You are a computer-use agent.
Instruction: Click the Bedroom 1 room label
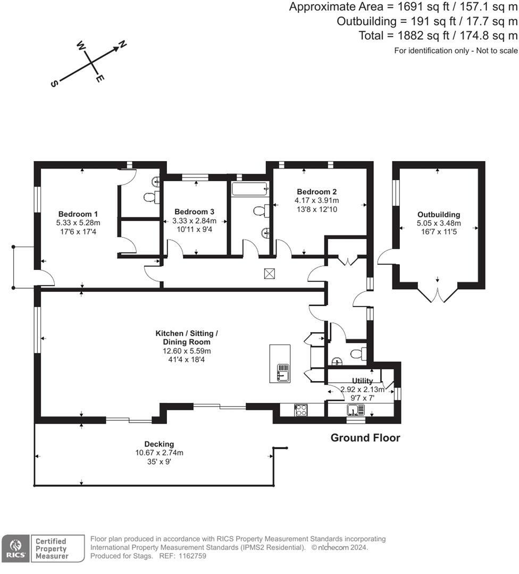[x=78, y=214]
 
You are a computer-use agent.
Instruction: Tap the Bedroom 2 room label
[x=317, y=191]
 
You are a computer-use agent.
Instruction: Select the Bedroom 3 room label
[x=194, y=212]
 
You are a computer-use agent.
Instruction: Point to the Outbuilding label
[x=439, y=215]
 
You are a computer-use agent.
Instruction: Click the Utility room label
[x=362, y=381]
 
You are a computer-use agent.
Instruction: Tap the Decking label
[x=159, y=444]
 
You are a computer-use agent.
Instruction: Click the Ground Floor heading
[x=365, y=438]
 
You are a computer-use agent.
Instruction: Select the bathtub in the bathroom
[x=250, y=189]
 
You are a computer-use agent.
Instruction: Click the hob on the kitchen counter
[x=300, y=410]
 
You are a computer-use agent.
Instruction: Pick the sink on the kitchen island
[x=283, y=373]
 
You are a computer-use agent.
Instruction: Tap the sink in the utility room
[x=356, y=410]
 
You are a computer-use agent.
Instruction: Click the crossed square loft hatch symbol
[x=270, y=274]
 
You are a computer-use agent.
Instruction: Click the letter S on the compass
[x=54, y=84]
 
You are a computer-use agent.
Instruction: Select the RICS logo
[x=15, y=548]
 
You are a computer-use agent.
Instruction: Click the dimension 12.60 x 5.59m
[x=187, y=351]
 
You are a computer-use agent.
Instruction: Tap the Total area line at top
[x=438, y=36]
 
